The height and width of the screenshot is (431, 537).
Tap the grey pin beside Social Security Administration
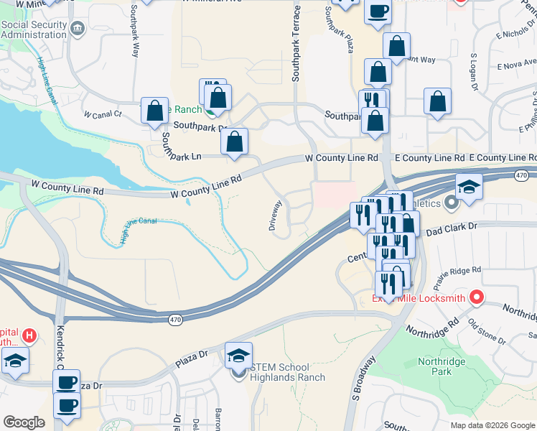tap(78, 29)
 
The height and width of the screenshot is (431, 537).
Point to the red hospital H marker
tap(29, 335)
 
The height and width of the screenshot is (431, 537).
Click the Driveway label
tap(274, 215)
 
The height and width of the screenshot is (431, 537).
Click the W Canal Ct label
tap(103, 114)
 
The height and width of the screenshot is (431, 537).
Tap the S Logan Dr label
tap(474, 73)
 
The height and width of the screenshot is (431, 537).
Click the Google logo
tap(24, 422)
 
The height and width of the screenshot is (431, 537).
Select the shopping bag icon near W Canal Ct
tap(154, 111)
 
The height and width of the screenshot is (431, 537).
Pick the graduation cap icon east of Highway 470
tap(468, 188)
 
